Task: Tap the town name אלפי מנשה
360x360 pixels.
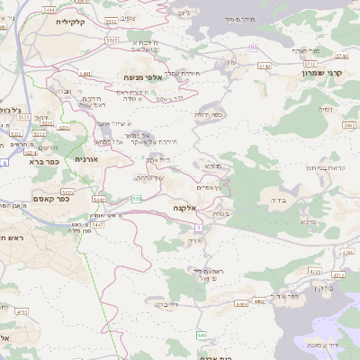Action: point(143,78)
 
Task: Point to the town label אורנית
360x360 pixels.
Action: point(85,159)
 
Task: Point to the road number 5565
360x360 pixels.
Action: point(112,40)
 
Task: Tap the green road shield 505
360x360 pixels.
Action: point(136,199)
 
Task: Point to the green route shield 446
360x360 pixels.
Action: point(202,335)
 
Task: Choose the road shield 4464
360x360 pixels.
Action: point(240,305)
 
